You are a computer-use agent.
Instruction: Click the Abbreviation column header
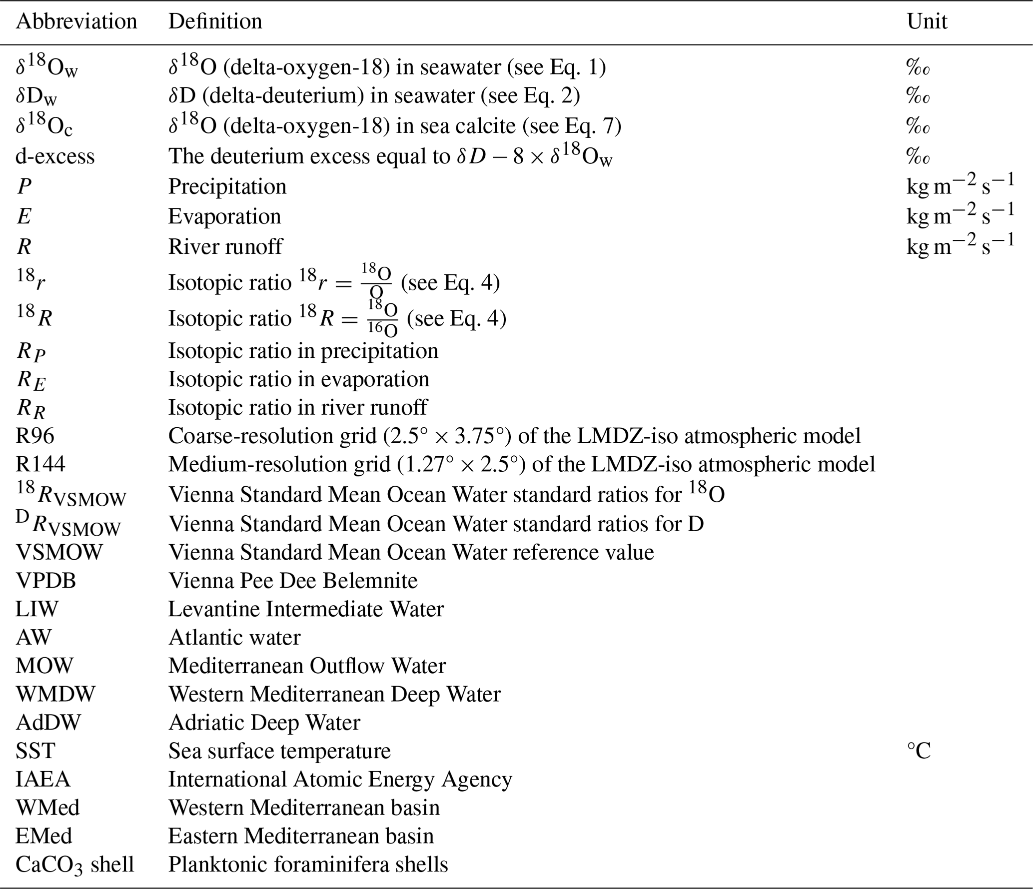click(x=76, y=21)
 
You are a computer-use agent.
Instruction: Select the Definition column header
click(x=215, y=21)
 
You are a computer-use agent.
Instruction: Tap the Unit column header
click(x=927, y=21)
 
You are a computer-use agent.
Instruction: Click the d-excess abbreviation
click(x=55, y=156)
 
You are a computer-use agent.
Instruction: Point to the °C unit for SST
click(x=919, y=751)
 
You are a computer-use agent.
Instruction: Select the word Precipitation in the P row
click(x=227, y=186)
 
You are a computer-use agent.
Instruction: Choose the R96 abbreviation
click(x=35, y=436)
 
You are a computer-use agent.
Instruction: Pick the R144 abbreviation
click(x=40, y=464)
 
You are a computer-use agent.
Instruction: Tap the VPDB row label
click(x=46, y=581)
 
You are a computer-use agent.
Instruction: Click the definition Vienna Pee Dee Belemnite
click(x=293, y=581)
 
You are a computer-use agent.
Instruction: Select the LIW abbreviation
click(x=37, y=609)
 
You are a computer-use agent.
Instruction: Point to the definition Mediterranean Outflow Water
click(x=307, y=666)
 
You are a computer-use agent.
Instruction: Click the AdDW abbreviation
click(x=48, y=723)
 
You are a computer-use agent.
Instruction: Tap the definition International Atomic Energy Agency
click(x=340, y=779)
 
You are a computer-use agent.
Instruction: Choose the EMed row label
click(x=44, y=836)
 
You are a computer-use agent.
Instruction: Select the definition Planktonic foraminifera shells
click(x=308, y=865)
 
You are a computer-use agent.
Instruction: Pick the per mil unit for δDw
click(x=918, y=95)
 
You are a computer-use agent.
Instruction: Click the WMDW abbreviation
click(x=55, y=694)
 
